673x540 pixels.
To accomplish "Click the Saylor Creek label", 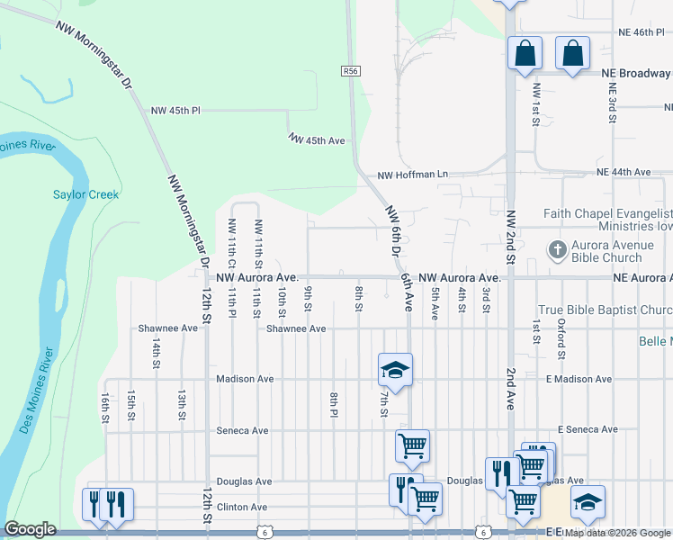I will click(85, 194).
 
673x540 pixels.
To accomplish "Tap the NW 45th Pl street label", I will click(175, 111).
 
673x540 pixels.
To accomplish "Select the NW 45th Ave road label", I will click(317, 140).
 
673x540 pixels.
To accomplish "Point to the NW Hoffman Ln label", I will click(412, 175).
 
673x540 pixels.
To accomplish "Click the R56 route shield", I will click(350, 70).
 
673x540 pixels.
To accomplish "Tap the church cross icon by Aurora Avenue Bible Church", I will click(557, 249).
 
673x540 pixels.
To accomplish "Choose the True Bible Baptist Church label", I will click(605, 310).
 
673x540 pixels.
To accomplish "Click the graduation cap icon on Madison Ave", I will click(394, 369).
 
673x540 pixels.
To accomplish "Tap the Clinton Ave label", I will click(242, 508).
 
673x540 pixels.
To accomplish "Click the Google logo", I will click(30, 529).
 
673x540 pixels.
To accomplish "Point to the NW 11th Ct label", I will click(231, 243).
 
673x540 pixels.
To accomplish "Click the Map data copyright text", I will click(618, 533).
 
